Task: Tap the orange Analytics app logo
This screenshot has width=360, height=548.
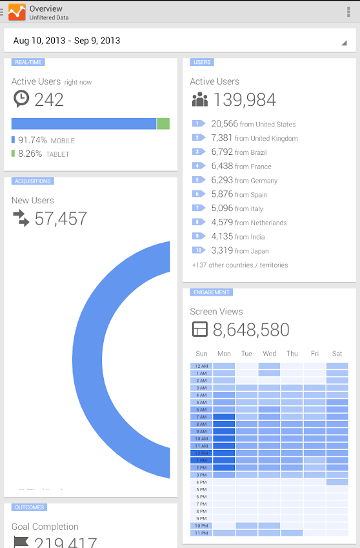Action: click(x=17, y=12)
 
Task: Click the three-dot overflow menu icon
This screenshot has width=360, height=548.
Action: click(x=349, y=12)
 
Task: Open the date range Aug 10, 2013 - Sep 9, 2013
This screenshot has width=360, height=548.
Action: click(x=67, y=41)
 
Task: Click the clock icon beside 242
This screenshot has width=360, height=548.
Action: click(x=21, y=99)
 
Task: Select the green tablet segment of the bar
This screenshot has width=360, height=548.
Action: click(x=163, y=124)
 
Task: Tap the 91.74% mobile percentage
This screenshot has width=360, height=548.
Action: click(x=32, y=140)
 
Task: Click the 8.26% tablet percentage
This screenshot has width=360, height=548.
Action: click(x=30, y=154)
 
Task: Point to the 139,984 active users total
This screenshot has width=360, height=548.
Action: click(x=245, y=100)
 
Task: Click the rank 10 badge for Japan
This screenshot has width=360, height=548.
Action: click(x=198, y=250)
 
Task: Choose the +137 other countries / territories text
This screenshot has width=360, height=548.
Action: click(x=240, y=265)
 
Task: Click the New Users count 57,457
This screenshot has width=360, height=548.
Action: click(x=61, y=219)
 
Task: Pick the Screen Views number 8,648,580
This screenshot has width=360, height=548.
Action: click(x=251, y=330)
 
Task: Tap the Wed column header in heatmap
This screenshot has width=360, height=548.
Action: click(x=270, y=354)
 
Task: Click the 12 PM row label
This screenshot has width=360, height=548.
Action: click(x=201, y=453)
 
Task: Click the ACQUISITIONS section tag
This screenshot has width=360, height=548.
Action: click(x=32, y=181)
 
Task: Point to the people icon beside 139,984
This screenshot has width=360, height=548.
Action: click(x=200, y=100)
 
